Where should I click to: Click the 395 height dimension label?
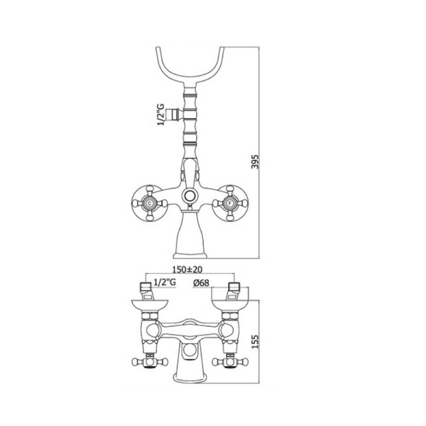click(255, 162)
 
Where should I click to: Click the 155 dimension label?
click(255, 341)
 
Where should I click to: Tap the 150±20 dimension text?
click(187, 269)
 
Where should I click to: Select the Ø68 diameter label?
click(201, 283)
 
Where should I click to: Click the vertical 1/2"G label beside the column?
click(161, 114)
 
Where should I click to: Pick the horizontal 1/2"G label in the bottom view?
click(165, 282)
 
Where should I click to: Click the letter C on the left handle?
click(149, 203)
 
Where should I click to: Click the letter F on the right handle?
click(230, 203)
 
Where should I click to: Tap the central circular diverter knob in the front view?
click(189, 195)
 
